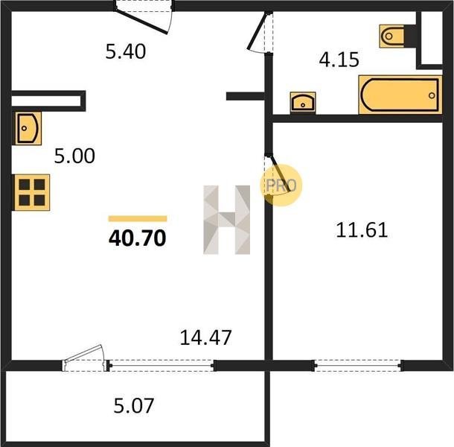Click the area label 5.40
pos(125,51)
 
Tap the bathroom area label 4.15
pos(339,60)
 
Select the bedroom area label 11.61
pos(362,230)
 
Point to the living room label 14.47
pos(205,337)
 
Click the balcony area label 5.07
pos(133,405)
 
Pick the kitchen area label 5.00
pos(74,156)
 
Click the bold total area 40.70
pos(138,238)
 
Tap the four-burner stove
pos(31,192)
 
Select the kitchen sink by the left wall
pos(28,128)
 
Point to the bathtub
pos(400,95)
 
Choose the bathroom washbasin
pos(303,103)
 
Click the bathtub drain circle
pos(432,95)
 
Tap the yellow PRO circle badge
pos(281,186)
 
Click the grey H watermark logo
pos(227,220)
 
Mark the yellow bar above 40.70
pos(138,218)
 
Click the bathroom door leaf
pos(257,31)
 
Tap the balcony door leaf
pos(84,353)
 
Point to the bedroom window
pos(358,366)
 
